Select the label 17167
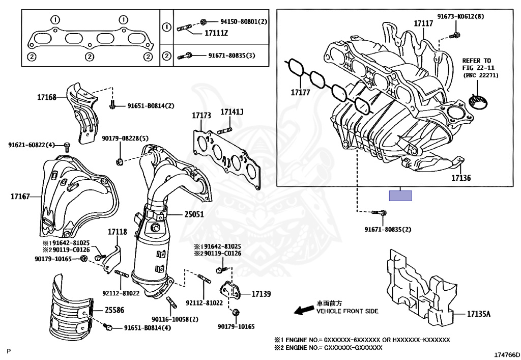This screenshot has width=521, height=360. [21, 196]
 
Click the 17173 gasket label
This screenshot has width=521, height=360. [201, 116]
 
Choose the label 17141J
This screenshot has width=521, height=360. [232, 112]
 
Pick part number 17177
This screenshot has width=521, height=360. [301, 93]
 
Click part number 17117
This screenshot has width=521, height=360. [423, 23]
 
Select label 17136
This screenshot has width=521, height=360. [461, 178]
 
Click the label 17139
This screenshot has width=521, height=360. [260, 294]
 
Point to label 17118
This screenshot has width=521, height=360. [117, 232]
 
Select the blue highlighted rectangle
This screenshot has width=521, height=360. [400, 196]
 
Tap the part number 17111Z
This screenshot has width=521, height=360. [216, 33]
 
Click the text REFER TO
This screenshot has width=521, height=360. [476, 61]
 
